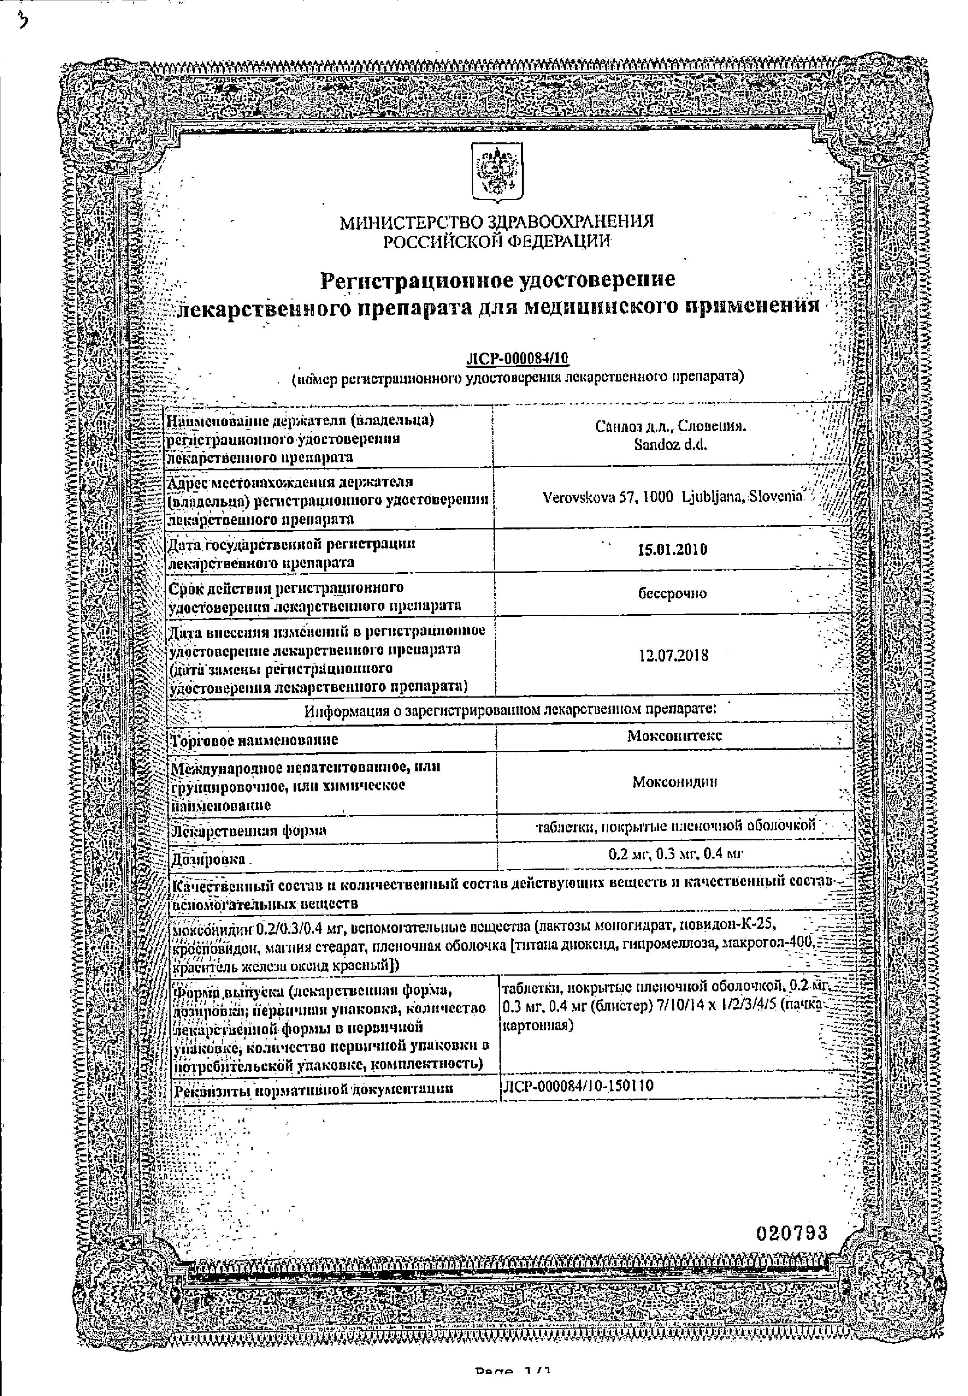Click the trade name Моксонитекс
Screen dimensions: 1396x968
[x=674, y=736]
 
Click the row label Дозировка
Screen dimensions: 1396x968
[x=209, y=859]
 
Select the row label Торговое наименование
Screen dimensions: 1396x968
[x=255, y=740]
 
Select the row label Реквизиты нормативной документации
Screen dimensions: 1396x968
[x=313, y=1089]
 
